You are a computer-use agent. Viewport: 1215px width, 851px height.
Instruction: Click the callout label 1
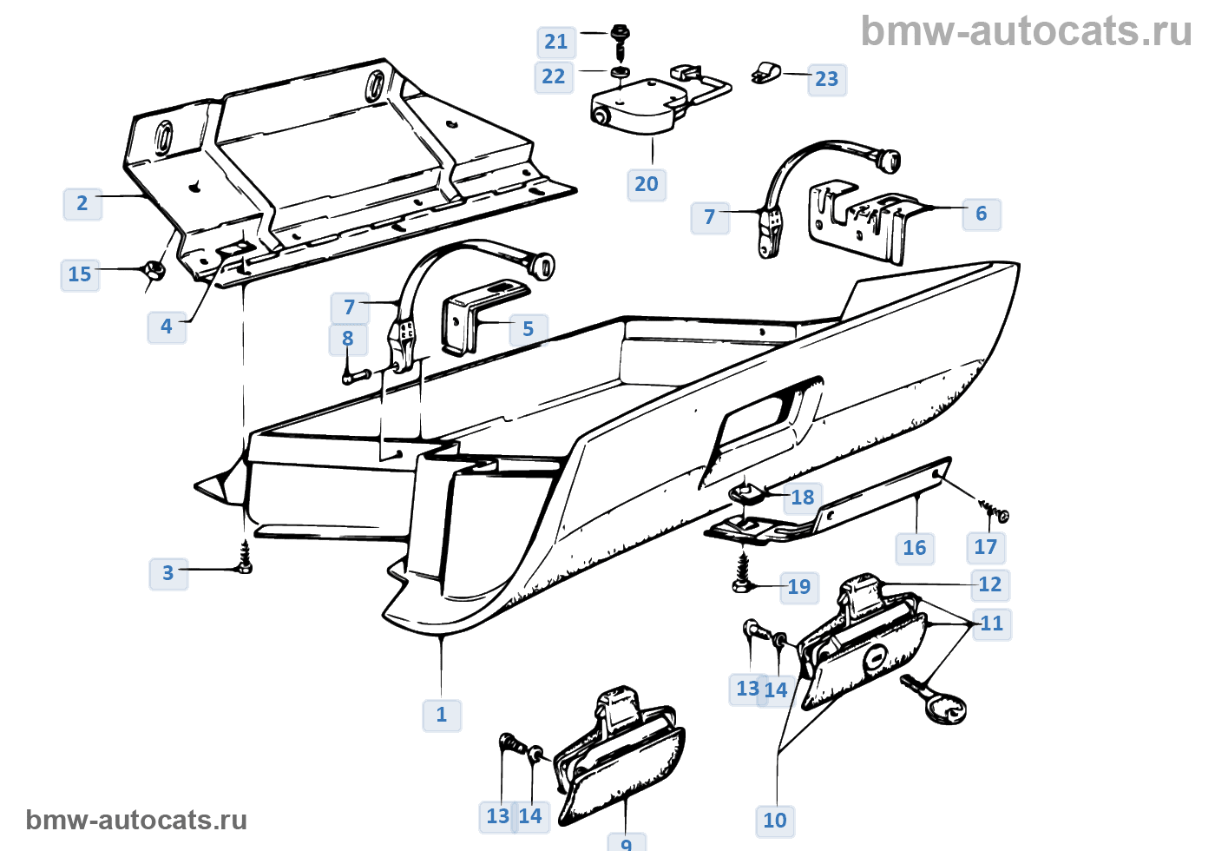[442, 715]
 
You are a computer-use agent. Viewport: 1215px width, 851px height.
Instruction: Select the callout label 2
[82, 203]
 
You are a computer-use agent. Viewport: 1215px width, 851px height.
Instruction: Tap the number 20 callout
[647, 184]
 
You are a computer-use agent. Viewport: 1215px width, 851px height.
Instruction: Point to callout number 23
[826, 79]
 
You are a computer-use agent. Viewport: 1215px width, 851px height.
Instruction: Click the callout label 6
[981, 214]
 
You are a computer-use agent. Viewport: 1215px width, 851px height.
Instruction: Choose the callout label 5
[528, 329]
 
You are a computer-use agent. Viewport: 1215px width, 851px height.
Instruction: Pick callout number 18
[803, 498]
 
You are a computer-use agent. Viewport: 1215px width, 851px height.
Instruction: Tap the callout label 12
[989, 584]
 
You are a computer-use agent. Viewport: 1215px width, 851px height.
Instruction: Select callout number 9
[627, 842]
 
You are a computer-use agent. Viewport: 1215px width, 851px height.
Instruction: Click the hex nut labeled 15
[154, 272]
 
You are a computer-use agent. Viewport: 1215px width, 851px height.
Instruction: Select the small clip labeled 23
[765, 73]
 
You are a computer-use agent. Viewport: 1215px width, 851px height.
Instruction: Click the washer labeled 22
[620, 71]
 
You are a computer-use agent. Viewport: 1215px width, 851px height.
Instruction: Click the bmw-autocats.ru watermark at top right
[1026, 32]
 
